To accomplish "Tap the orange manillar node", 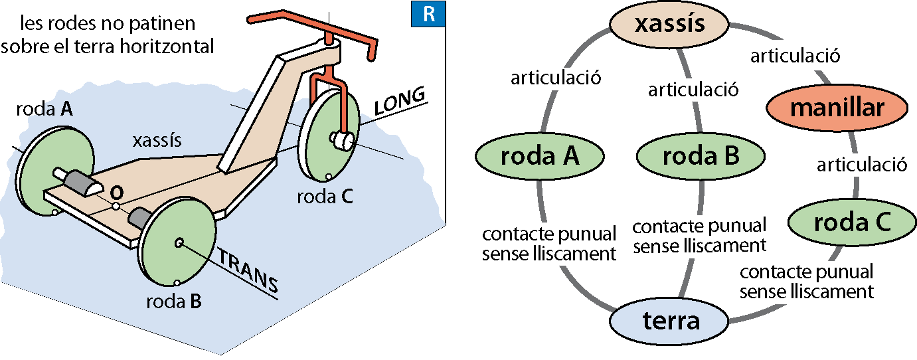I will tap(837, 108).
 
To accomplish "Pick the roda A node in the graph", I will tap(540, 157).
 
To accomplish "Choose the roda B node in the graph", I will tap(701, 157).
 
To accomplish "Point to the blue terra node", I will tap(671, 321).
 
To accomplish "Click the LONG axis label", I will tap(399, 102).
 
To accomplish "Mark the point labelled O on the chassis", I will tap(115, 207).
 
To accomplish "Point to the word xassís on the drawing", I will tap(157, 141).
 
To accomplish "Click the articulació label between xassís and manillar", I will tap(795, 56).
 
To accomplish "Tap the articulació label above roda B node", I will tap(693, 89).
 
